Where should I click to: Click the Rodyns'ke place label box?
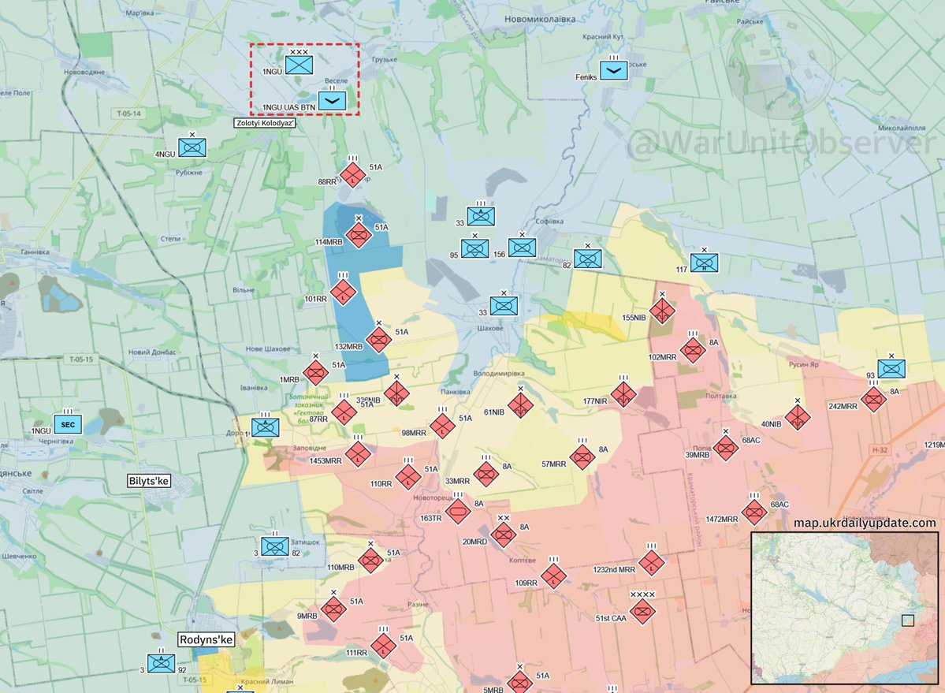(205, 640)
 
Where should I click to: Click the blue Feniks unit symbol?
(614, 70)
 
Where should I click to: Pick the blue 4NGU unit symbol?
(192, 147)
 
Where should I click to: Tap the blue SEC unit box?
(67, 424)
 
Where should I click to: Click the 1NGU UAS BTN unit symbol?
(332, 100)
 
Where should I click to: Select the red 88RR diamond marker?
(352, 175)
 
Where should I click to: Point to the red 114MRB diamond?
(359, 234)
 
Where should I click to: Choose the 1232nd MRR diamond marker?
(652, 563)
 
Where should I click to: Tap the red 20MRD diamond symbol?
(503, 535)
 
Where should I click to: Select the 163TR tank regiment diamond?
(457, 512)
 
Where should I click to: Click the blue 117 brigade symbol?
(704, 263)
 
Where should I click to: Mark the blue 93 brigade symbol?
(891, 369)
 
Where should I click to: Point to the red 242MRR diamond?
(873, 399)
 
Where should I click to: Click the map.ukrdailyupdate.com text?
(865, 523)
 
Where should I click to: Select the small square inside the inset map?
(908, 620)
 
